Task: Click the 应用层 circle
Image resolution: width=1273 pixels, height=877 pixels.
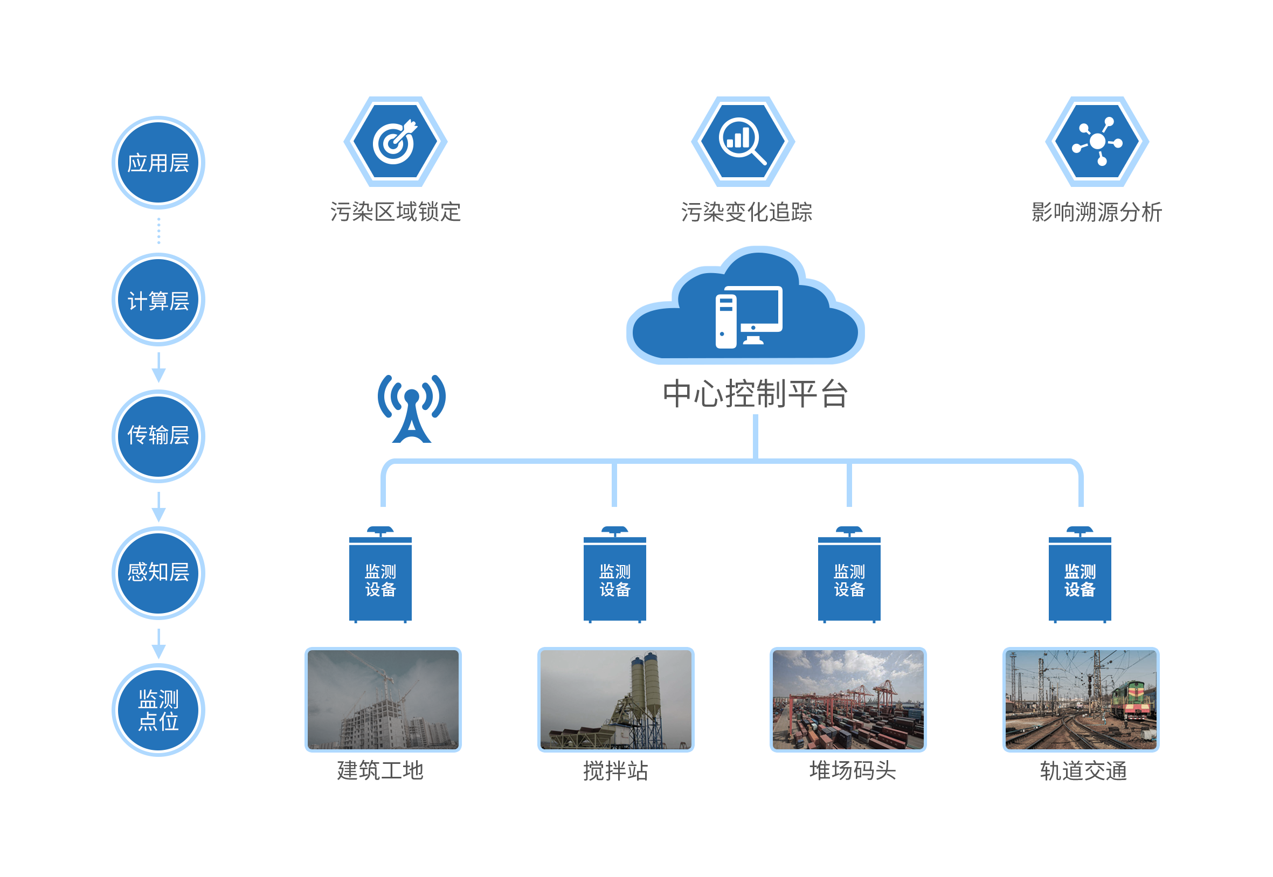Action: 158,163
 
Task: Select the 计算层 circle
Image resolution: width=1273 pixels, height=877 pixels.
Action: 158,300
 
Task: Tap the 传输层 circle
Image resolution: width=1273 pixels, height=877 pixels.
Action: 158,436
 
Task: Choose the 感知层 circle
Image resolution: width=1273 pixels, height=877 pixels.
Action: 158,573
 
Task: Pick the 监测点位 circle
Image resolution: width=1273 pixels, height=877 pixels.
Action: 158,710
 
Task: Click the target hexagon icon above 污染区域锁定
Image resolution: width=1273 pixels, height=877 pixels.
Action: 395,141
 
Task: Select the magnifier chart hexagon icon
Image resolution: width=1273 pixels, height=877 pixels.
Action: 743,141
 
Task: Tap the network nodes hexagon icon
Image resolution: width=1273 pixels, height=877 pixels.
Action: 1097,141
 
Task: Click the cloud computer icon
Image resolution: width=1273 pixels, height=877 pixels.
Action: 745,305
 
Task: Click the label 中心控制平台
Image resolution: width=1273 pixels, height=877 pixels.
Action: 755,394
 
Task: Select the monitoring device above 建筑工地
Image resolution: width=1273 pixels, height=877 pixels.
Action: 380,575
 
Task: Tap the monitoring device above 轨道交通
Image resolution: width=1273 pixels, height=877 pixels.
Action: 1080,575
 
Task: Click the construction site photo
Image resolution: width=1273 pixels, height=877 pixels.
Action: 383,700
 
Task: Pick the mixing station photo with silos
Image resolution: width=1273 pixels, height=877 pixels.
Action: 615,700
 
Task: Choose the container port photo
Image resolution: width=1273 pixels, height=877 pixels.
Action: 848,700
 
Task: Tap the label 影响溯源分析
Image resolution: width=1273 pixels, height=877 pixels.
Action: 1097,212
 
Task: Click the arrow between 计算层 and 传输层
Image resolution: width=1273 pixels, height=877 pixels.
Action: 158,367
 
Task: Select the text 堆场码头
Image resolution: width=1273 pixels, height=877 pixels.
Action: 853,771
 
